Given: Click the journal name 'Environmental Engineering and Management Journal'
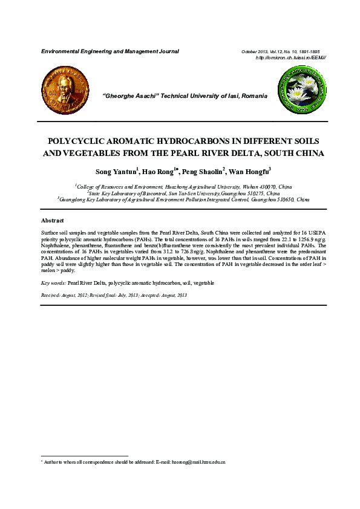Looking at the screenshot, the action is click(110, 51).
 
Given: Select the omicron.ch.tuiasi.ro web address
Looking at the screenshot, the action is click(291, 57).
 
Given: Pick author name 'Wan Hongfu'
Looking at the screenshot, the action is click(249, 172).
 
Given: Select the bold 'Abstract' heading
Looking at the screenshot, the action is click(52, 221).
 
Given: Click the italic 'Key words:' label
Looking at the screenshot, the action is click(53, 283).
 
